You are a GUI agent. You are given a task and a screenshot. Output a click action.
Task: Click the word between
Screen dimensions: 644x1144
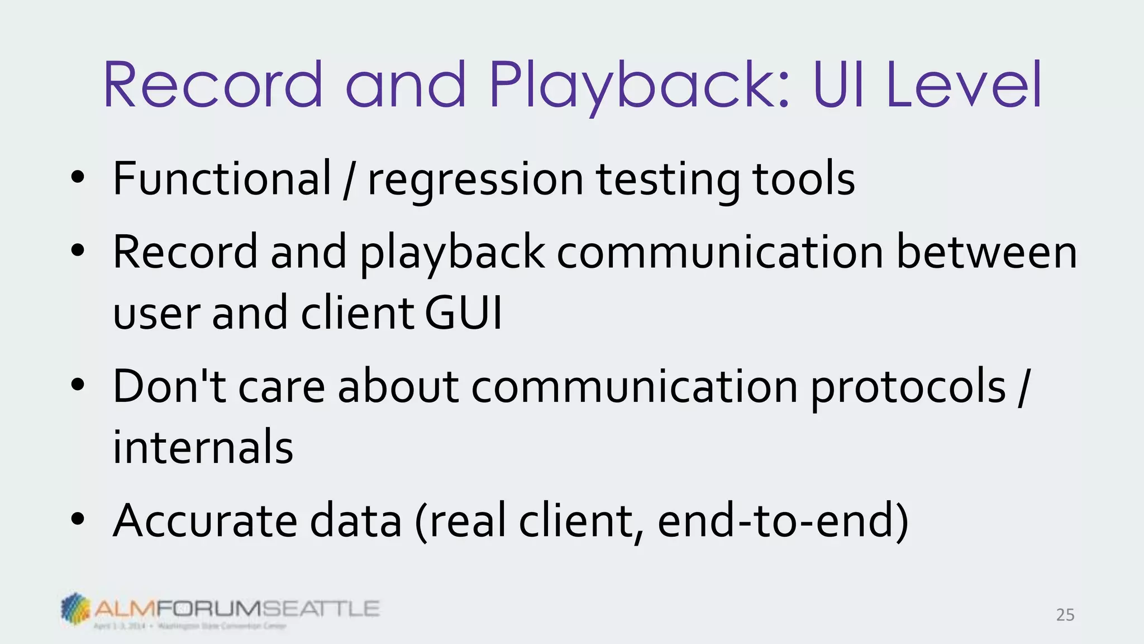coord(986,252)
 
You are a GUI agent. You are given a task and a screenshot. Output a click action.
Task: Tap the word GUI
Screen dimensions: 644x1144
coord(463,313)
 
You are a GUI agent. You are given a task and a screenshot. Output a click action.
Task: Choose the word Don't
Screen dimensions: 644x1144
coord(169,386)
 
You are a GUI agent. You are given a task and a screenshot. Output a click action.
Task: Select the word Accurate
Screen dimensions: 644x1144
coord(204,521)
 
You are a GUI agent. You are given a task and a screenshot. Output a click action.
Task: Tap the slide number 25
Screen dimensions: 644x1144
coord(1065,615)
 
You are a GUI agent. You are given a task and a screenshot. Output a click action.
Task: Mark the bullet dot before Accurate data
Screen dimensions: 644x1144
coord(78,520)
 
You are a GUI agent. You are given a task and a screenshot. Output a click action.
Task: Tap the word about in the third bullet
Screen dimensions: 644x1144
coord(398,386)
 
